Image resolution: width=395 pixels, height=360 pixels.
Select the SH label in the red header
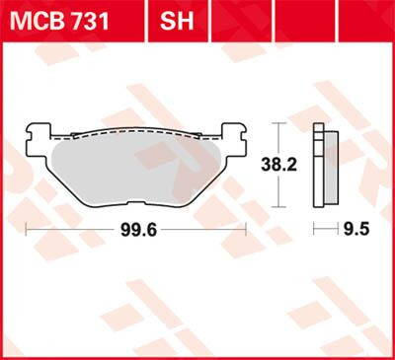[176, 19]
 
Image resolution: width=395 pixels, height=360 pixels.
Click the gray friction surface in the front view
[135, 168]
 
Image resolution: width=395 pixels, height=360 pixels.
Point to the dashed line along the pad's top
[135, 130]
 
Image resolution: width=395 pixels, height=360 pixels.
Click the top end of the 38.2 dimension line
[282, 123]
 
